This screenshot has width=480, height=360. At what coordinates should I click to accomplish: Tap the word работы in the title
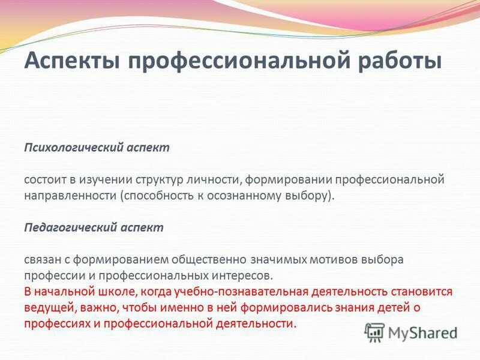pos(401,61)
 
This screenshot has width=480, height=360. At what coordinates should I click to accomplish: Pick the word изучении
pos(108,180)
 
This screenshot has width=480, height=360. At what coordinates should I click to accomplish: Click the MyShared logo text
pos(423,332)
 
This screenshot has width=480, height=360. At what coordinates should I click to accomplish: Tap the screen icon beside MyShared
pos(375,332)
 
